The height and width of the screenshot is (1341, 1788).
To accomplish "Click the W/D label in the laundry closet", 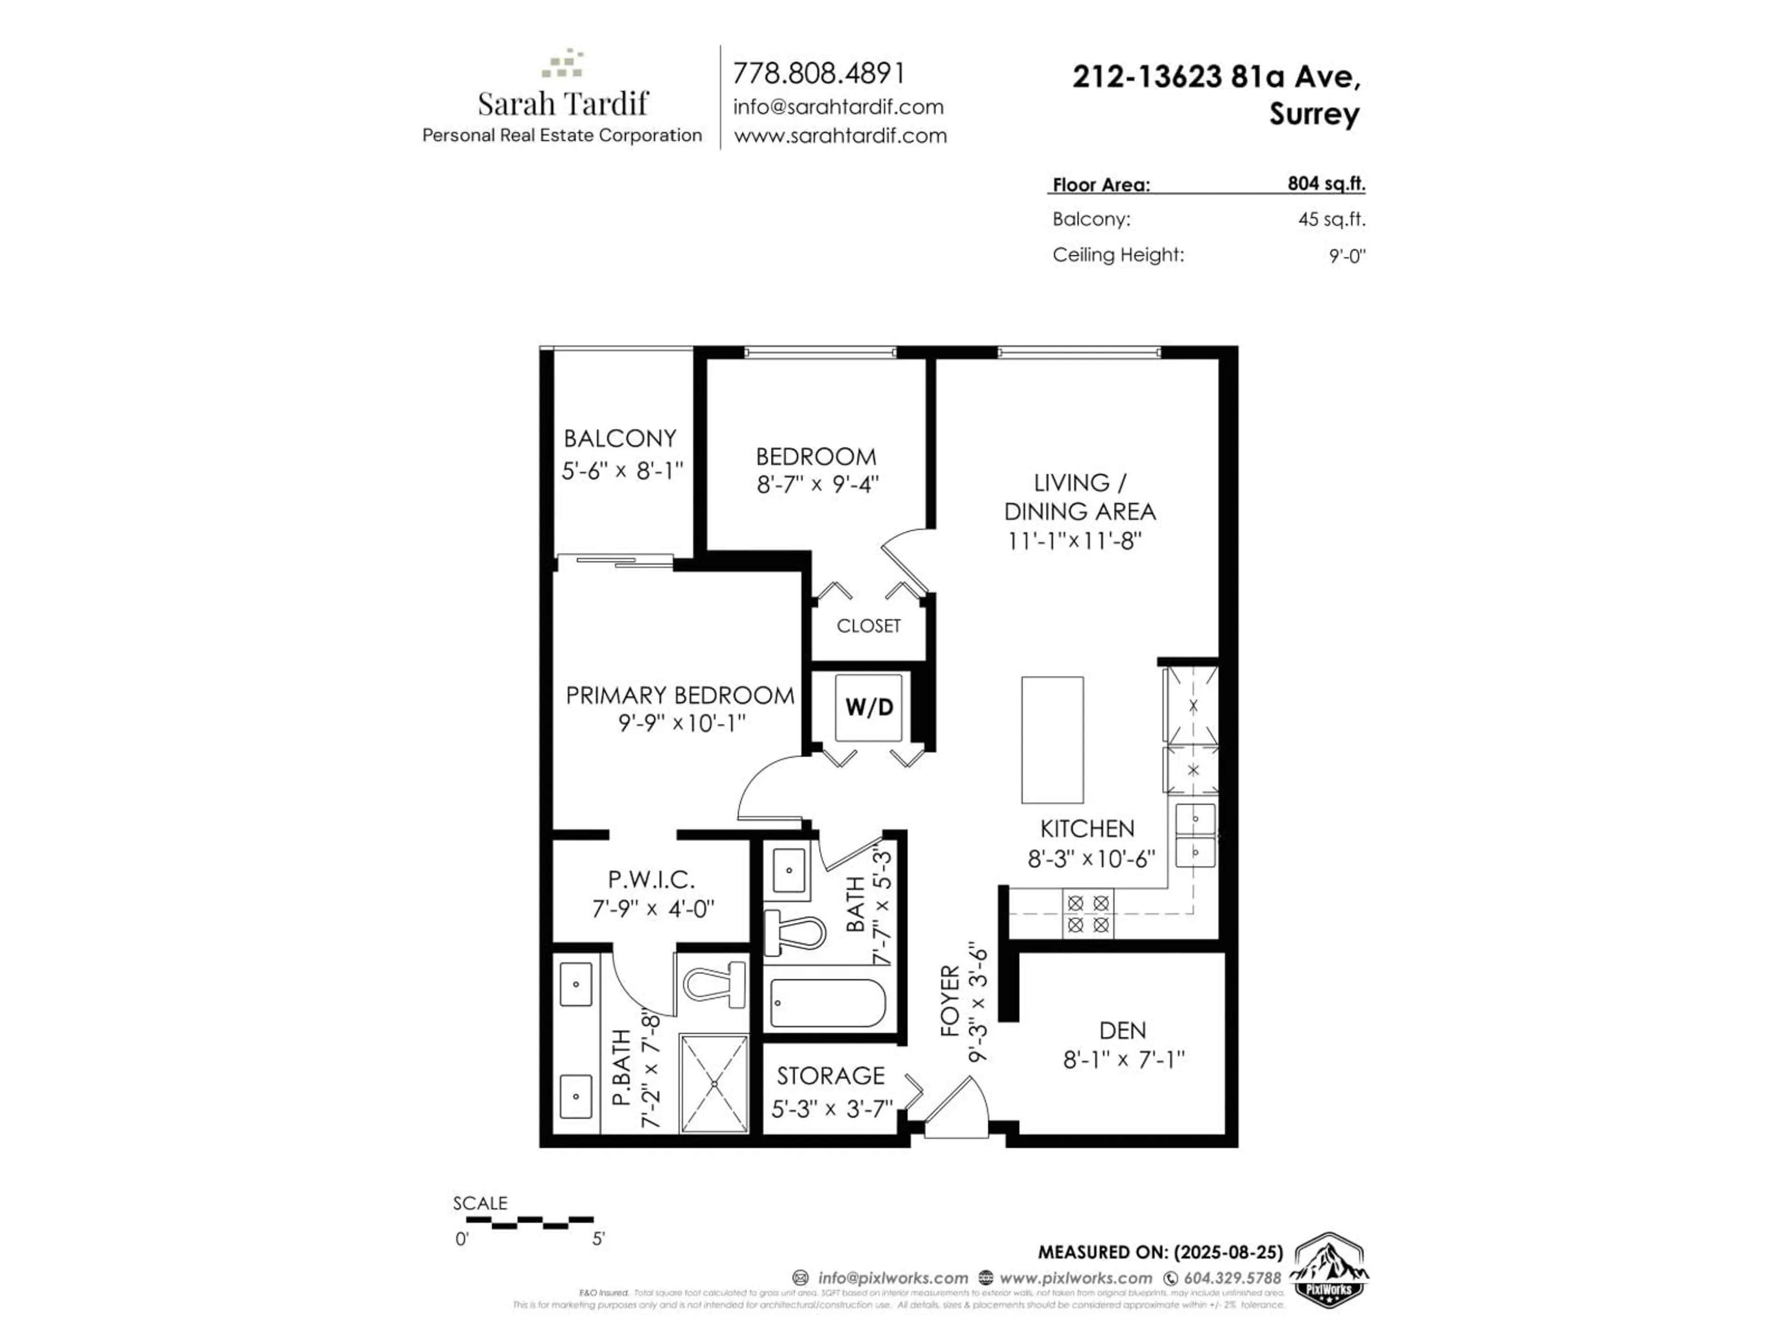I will [869, 707].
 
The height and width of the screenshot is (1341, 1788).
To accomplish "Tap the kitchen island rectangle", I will [1052, 739].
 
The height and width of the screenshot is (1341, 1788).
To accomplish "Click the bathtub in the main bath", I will [828, 1003].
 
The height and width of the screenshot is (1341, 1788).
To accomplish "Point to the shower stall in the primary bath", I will [714, 1083].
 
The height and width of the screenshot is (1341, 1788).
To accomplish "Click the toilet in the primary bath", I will [715, 984].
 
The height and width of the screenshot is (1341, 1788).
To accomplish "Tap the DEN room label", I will [1122, 1030].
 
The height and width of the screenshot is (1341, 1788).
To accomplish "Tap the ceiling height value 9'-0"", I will [1347, 256].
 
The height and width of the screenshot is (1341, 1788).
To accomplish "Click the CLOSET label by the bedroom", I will [868, 626].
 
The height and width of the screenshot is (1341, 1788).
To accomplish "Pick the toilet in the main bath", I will [794, 934].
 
